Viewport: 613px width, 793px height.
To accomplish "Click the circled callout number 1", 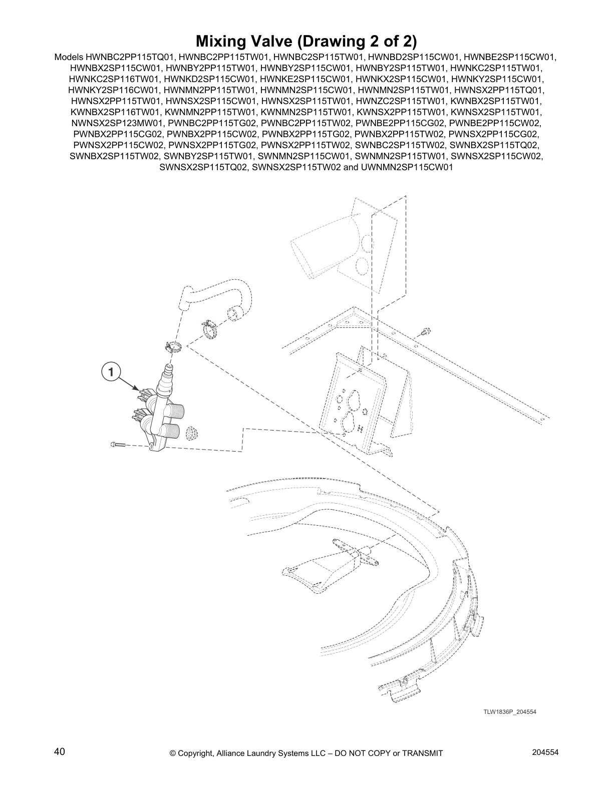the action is coord(111,372).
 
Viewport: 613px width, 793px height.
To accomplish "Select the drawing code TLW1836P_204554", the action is coord(510,711).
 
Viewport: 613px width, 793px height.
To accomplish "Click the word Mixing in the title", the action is coord(223,42).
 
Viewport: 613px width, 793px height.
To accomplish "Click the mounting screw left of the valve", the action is coord(118,445).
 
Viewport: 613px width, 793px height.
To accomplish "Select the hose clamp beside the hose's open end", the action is coord(209,329).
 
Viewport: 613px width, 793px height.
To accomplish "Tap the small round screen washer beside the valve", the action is coord(192,433).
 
